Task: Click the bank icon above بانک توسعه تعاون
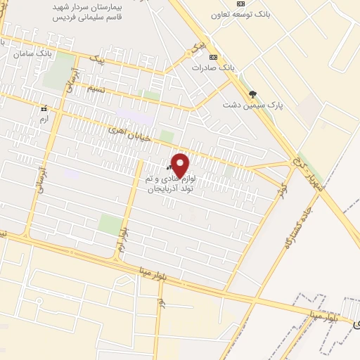[x=242, y=4]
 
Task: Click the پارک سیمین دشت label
[x=252, y=105]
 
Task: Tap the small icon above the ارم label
[x=44, y=109]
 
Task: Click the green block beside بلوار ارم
[x=108, y=225]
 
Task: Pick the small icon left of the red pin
[x=169, y=168]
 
